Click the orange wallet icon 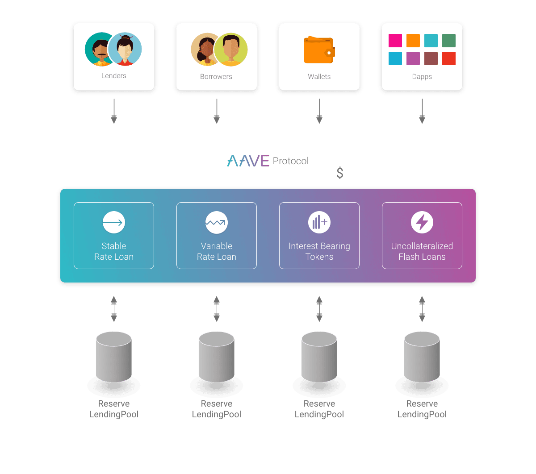pyautogui.click(x=319, y=50)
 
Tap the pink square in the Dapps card pyautogui.click(x=395, y=41)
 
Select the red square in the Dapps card pyautogui.click(x=449, y=58)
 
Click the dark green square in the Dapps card pyautogui.click(x=449, y=41)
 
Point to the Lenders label pyautogui.click(x=114, y=76)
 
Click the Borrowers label pyautogui.click(x=216, y=77)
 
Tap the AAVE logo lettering pyautogui.click(x=248, y=161)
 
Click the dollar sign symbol pyautogui.click(x=340, y=173)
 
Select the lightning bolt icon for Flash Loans pyautogui.click(x=422, y=222)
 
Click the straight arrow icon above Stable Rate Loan pyautogui.click(x=114, y=222)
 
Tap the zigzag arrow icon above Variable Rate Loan pyautogui.click(x=217, y=222)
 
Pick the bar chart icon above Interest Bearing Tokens pyautogui.click(x=319, y=222)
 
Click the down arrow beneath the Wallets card pyautogui.click(x=319, y=111)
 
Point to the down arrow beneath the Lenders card pyautogui.click(x=114, y=111)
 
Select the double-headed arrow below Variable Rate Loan pyautogui.click(x=217, y=309)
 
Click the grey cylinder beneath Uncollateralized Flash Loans pyautogui.click(x=422, y=357)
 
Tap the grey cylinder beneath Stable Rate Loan pyautogui.click(x=114, y=357)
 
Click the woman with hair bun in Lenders pyautogui.click(x=125, y=49)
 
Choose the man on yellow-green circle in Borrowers pyautogui.click(x=230, y=50)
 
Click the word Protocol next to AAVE pyautogui.click(x=290, y=161)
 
